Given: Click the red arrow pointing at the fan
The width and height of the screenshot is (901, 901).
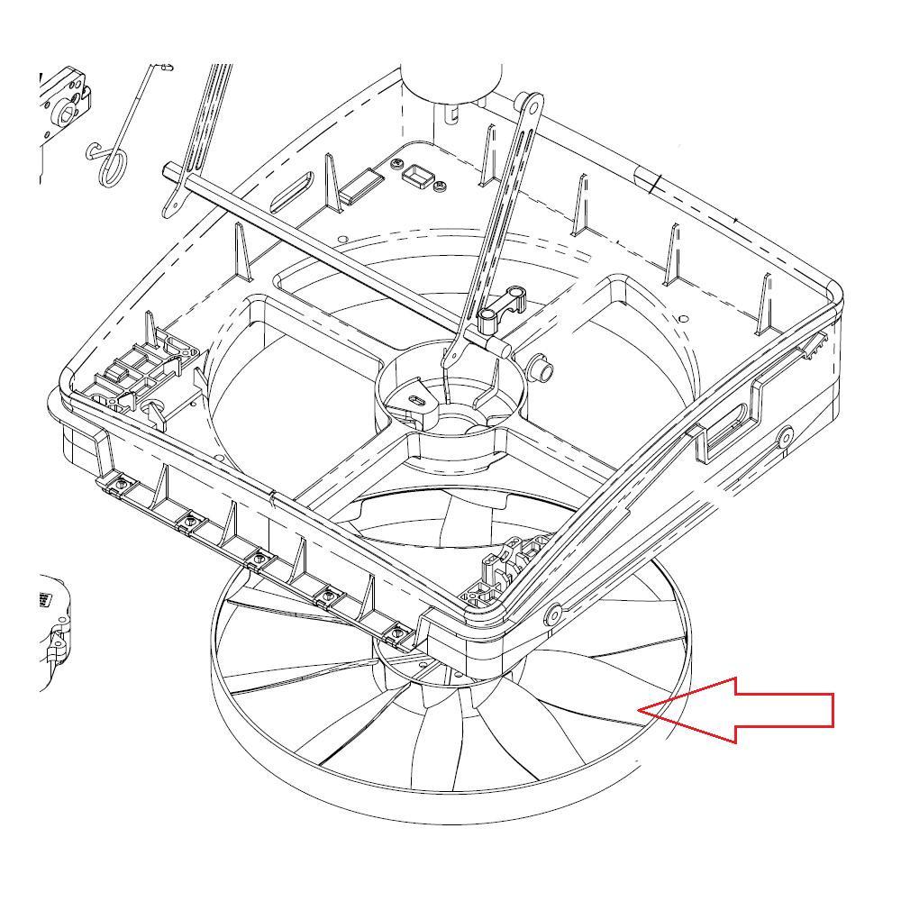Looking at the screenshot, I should pos(748,710).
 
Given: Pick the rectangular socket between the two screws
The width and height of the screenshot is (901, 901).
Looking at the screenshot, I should pos(417,175).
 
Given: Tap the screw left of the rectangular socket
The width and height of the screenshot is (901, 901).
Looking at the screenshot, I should pos(397,163).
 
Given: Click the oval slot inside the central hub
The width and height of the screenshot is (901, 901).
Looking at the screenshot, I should pos(417,398).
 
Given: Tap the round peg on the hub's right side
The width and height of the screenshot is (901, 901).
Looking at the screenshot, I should pos(543,368).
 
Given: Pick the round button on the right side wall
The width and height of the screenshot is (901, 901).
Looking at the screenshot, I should pos(786,437).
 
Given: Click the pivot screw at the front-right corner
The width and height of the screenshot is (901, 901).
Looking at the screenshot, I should pos(552,614).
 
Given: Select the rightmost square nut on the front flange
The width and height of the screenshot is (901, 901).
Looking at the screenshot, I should pos(395,637).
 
